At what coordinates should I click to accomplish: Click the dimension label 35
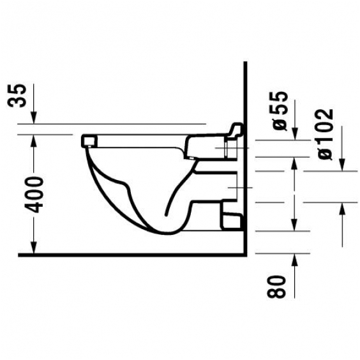pyautogui.click(x=17, y=96)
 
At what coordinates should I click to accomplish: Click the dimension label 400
pyautogui.click(x=34, y=194)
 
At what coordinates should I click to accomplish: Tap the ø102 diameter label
pyautogui.click(x=326, y=134)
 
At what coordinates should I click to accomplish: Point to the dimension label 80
pyautogui.click(x=276, y=287)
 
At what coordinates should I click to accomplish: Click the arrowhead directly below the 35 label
pyautogui.click(x=34, y=118)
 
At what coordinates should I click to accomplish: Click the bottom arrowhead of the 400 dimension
pyautogui.click(x=34, y=248)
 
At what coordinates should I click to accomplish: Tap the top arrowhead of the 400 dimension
pyautogui.click(x=34, y=140)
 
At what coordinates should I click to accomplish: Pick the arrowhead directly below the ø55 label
pyautogui.click(x=295, y=134)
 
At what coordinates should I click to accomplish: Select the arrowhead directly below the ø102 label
pyautogui.click(x=342, y=165)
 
